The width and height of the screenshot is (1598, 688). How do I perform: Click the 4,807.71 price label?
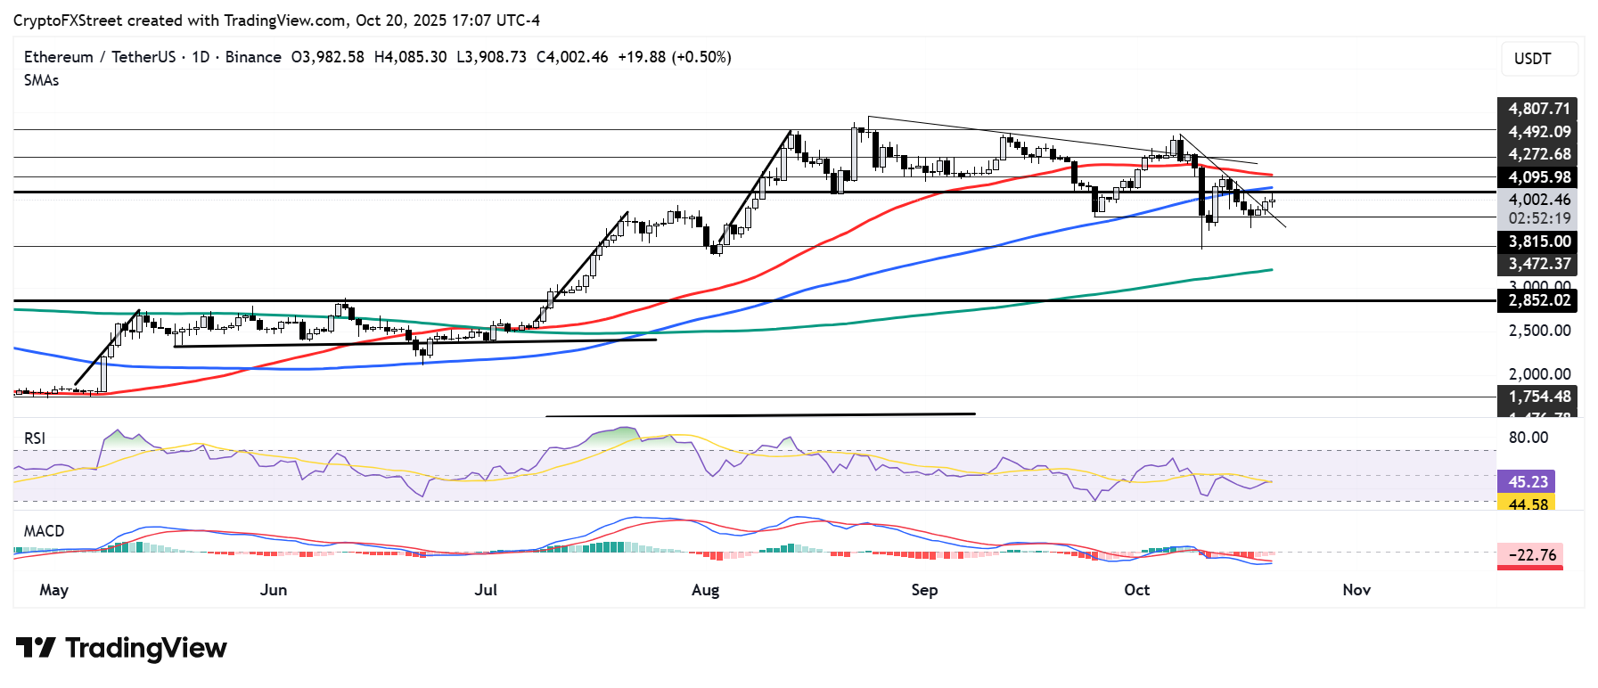click(x=1537, y=109)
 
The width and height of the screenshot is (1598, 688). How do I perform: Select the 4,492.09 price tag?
click(x=1537, y=132)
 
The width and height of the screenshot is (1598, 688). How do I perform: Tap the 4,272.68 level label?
click(x=1537, y=154)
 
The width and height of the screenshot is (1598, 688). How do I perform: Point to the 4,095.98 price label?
click(x=1537, y=177)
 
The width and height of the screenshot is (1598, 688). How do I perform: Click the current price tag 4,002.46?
click(x=1537, y=200)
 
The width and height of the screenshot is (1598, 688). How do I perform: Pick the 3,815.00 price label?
click(x=1537, y=242)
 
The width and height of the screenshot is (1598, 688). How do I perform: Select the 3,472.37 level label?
click(x=1537, y=264)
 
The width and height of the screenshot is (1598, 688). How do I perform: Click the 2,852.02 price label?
click(x=1537, y=300)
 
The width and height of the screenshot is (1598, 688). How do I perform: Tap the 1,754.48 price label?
click(x=1537, y=397)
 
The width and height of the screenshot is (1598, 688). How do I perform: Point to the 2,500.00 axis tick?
click(x=1539, y=331)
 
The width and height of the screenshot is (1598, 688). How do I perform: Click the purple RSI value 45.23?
click(x=1527, y=481)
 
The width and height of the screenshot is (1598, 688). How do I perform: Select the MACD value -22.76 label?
click(x=1531, y=554)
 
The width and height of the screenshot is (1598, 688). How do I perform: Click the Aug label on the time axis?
click(x=705, y=590)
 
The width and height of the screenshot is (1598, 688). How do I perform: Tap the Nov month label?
click(x=1356, y=590)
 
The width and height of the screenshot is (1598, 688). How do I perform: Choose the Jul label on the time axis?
click(x=486, y=590)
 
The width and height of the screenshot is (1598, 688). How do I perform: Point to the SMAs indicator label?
click(x=42, y=80)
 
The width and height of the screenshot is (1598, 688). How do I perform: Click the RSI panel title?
click(x=35, y=438)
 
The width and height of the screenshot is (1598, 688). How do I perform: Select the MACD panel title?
click(x=45, y=531)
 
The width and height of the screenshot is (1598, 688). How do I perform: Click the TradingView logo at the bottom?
click(x=122, y=648)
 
